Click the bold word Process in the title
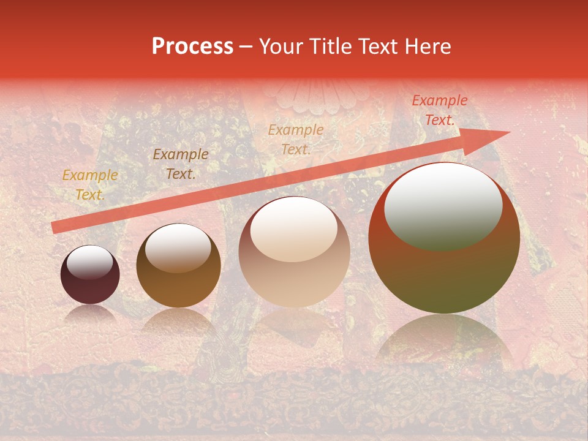click(x=192, y=47)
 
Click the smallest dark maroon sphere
click(x=90, y=275)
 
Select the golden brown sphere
click(x=178, y=266)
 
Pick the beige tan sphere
click(x=294, y=252)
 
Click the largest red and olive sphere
click(x=444, y=238)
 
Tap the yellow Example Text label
click(x=90, y=185)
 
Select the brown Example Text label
click(x=181, y=164)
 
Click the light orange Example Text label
click(x=296, y=139)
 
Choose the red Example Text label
click(x=439, y=110)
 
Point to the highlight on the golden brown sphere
click(x=178, y=248)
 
